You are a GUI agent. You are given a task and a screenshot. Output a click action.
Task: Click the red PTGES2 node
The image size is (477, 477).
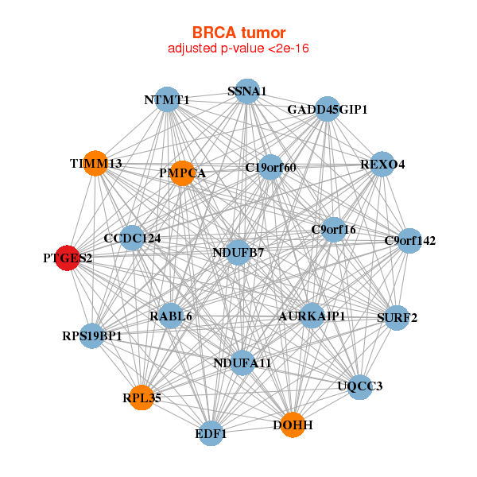pos(68,258)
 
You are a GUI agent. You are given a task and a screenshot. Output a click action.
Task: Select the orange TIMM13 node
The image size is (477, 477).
pos(95,163)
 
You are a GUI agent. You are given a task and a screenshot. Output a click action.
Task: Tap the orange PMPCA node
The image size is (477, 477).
pos(182,173)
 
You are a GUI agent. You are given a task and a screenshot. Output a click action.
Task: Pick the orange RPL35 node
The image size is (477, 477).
pos(142,397)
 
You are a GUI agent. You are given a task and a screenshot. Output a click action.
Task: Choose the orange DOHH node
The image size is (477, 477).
pos(293,425)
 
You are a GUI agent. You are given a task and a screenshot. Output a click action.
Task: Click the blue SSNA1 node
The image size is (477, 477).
pos(247,91)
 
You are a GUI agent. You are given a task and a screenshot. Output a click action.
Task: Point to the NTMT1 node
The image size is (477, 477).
pos(167,99)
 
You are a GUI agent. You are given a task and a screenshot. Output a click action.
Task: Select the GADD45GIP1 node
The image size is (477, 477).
pos(328,109)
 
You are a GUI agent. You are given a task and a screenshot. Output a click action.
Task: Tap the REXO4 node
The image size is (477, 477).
pos(382,165)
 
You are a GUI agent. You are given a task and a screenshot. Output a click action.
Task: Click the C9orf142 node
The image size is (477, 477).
pos(409,241)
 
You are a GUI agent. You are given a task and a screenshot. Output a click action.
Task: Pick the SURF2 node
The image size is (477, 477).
pos(397,318)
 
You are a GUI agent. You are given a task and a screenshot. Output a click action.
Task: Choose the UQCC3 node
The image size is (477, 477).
pos(360,387)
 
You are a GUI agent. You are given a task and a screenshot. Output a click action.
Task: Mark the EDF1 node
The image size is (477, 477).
pos(211,433)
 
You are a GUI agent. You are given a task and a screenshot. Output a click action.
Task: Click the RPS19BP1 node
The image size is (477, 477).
pos(92,335)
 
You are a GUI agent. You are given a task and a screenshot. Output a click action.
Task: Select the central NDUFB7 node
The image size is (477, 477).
pos(238,253)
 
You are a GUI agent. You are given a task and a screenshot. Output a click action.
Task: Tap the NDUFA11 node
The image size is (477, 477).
pos(242,363)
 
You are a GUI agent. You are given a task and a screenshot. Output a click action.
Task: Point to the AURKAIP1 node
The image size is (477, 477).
pos(312,316)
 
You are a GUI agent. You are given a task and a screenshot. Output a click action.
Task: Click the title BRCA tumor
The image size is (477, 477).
pos(238,33)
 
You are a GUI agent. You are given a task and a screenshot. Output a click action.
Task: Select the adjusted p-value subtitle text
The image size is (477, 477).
pos(238,48)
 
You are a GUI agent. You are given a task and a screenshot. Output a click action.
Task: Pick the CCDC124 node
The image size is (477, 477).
pos(132,238)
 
